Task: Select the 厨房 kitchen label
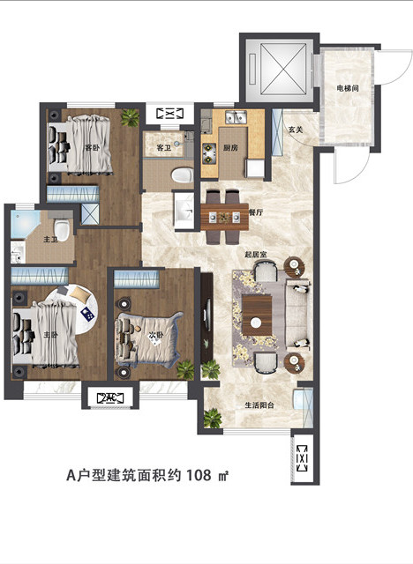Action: pyautogui.click(x=232, y=148)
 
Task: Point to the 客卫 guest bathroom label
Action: pyautogui.click(x=163, y=147)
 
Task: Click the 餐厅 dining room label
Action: pyautogui.click(x=258, y=212)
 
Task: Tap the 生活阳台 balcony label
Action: pyautogui.click(x=259, y=405)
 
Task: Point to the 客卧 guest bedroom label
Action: pyautogui.click(x=91, y=147)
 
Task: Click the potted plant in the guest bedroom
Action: pyautogui.click(x=131, y=115)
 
